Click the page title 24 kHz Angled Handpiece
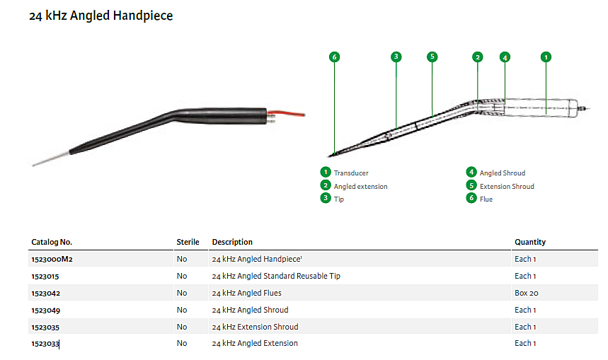tap(101, 16)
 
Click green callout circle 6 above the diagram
tap(335, 57)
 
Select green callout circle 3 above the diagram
tap(396, 57)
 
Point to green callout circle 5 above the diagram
tap(432, 57)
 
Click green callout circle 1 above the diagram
tap(546, 57)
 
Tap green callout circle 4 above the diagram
tap(505, 57)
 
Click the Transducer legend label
tap(351, 173)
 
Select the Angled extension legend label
tap(360, 186)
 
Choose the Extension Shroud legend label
tap(507, 186)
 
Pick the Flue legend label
tap(486, 199)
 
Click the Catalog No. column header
tap(52, 242)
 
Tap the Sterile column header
tap(188, 242)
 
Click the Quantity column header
tap(530, 242)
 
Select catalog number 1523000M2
tap(52, 259)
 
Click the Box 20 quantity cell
tap(526, 293)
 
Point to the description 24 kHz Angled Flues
tap(246, 293)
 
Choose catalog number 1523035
tap(45, 327)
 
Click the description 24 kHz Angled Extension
tap(255, 344)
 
